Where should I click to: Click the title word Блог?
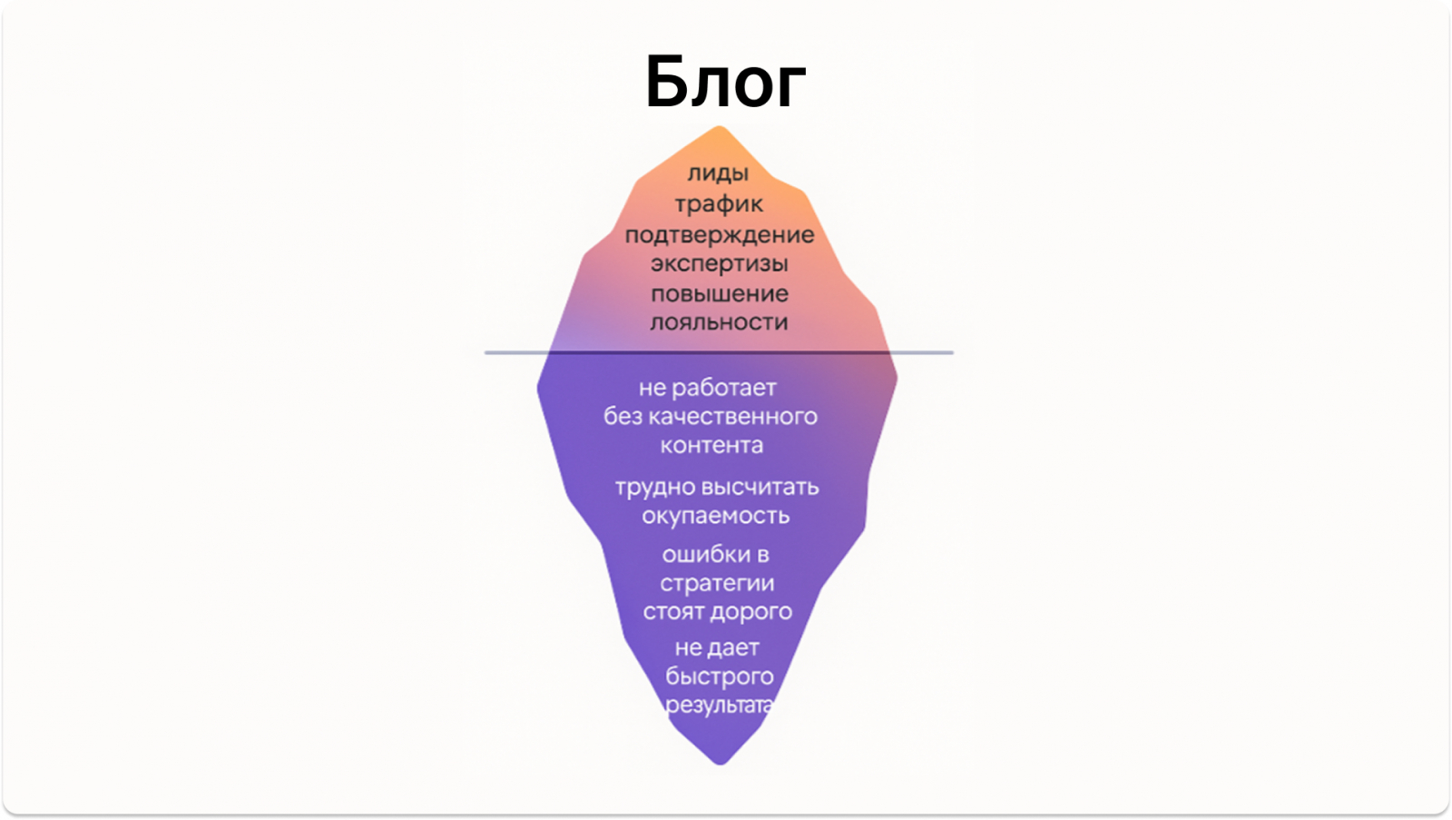725,82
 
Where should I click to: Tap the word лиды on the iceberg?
718,173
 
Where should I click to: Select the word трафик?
719,204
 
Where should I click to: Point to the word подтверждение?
720,234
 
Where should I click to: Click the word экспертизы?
720,264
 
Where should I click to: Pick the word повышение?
720,294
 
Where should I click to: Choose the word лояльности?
719,322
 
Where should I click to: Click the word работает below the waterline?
724,388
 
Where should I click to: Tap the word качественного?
731,417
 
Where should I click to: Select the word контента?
711,446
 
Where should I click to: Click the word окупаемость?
716,516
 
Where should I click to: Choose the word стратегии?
717,584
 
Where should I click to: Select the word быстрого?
720,677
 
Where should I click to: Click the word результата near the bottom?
719,706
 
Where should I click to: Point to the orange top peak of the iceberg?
720,136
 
